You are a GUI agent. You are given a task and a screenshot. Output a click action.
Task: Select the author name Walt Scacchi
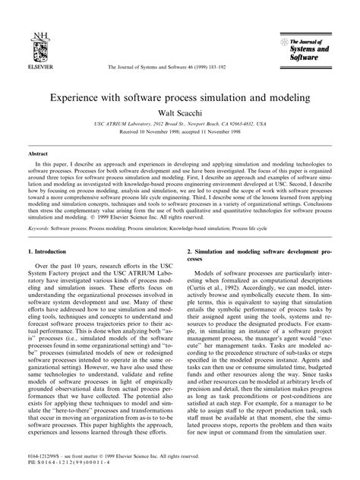(x=180, y=109)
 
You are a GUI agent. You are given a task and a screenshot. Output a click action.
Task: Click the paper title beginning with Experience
(x=180, y=96)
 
